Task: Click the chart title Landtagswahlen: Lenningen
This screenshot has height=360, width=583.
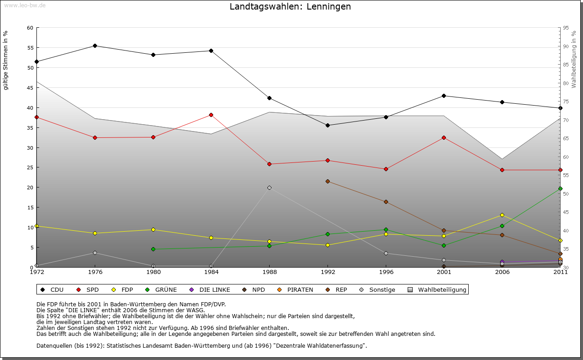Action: click(290, 7)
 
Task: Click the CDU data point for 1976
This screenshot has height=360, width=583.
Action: click(95, 46)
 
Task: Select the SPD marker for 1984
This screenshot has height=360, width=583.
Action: click(211, 115)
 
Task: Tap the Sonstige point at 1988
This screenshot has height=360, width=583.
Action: click(269, 188)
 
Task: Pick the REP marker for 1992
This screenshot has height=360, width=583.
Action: click(327, 182)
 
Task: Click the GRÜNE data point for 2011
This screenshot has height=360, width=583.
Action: click(560, 188)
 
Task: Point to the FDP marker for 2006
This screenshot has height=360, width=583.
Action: click(502, 215)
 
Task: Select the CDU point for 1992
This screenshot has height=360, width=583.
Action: click(327, 125)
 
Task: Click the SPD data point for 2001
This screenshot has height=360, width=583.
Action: click(444, 137)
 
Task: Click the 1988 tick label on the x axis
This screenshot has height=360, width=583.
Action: click(269, 272)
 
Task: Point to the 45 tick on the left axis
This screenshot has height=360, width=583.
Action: click(30, 88)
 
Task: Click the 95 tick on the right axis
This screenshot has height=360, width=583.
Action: click(566, 28)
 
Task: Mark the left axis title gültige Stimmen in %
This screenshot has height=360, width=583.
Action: click(6, 60)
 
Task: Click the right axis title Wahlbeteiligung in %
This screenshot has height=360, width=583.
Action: click(574, 59)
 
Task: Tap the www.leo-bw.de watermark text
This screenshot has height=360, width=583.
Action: click(25, 5)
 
